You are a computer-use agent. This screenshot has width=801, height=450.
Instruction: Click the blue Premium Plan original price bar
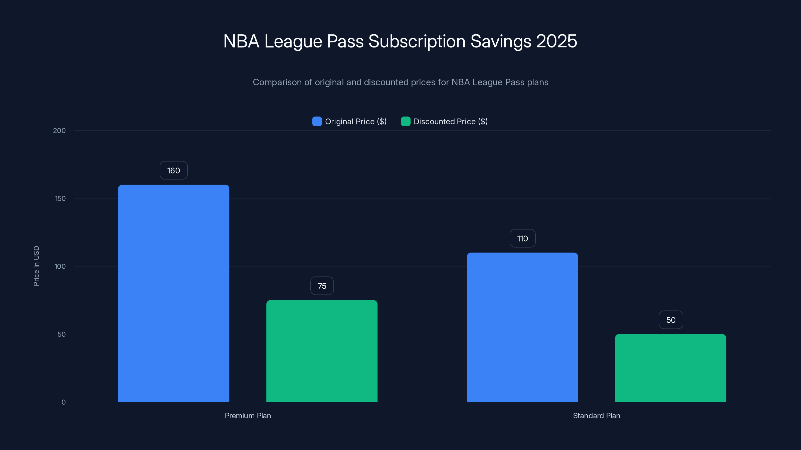coord(173,293)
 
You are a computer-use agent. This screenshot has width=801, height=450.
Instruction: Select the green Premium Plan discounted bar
coord(322,351)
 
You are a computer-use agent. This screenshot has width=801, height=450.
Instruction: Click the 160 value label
coord(173,170)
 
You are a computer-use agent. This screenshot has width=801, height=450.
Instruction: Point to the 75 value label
coord(322,286)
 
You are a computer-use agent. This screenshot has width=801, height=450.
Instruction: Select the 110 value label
coord(522,238)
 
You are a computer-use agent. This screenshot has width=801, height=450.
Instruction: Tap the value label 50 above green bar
coord(671,320)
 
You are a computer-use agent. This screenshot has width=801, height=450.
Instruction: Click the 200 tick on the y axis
coord(59,131)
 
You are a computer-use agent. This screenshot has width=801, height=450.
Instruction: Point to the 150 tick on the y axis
coord(60,198)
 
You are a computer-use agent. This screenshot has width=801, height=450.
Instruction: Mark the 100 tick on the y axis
coord(60,266)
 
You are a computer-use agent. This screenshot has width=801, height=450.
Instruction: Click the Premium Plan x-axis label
coord(248,415)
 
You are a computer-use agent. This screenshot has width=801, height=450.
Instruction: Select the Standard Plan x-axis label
coord(596,415)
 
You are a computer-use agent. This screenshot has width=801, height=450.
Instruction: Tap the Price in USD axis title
coord(36,266)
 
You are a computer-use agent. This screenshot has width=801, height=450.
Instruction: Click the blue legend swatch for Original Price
coord(317,121)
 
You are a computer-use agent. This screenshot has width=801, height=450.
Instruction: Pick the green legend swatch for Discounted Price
coord(406,121)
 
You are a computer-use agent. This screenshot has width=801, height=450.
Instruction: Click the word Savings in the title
coord(501,41)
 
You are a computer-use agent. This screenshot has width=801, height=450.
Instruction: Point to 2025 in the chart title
coord(557,41)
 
